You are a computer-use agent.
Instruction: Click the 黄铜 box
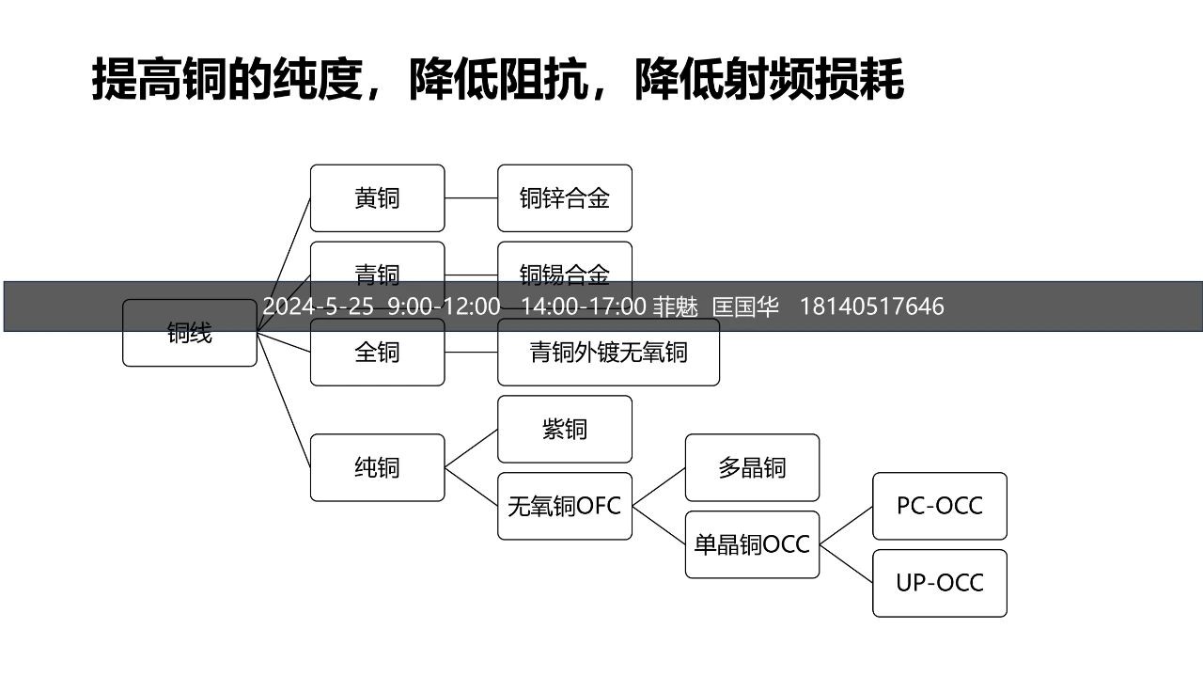[x=377, y=198]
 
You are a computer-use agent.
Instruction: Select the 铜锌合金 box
[x=564, y=198]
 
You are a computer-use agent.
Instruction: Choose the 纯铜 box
[x=377, y=467]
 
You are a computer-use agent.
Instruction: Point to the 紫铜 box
[x=564, y=429]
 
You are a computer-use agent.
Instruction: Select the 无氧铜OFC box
[x=564, y=506]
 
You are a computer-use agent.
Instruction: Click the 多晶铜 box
[x=752, y=467]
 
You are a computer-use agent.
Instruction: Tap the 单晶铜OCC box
[x=752, y=544]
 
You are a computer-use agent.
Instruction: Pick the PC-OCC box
[x=939, y=506]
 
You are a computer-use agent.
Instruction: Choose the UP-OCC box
[x=939, y=583]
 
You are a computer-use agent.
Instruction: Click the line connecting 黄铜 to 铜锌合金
[x=471, y=198]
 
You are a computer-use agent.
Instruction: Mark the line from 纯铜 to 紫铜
[x=471, y=448]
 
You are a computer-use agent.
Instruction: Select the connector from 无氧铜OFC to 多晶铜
[x=659, y=487]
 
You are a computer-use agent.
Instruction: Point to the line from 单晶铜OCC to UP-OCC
[x=846, y=564]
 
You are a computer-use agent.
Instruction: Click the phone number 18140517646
[x=871, y=307]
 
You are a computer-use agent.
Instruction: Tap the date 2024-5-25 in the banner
[x=318, y=307]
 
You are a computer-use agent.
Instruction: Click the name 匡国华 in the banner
[x=745, y=307]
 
